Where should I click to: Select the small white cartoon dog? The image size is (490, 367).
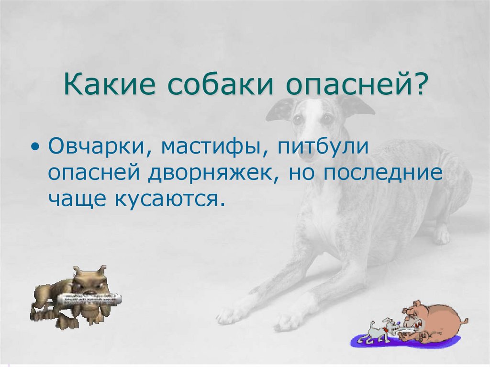[378, 330]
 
